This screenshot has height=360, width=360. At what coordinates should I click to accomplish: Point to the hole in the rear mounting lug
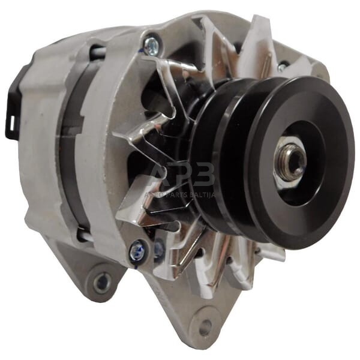click(x=103, y=280)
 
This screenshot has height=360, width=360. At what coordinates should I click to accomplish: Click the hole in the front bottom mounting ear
click(x=205, y=327)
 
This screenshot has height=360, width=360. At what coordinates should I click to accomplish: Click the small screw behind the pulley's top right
click(x=282, y=67)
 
